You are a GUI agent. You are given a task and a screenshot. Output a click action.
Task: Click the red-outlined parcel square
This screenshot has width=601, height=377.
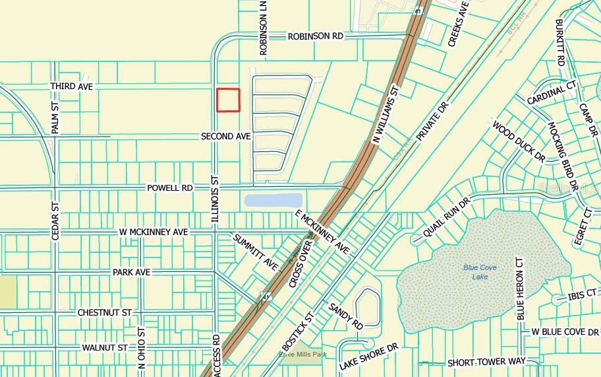229,100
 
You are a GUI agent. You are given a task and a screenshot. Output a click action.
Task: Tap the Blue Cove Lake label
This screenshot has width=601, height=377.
479,271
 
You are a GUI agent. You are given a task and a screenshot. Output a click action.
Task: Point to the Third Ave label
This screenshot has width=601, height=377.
72,87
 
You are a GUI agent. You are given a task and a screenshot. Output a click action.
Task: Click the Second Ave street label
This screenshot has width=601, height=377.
226,136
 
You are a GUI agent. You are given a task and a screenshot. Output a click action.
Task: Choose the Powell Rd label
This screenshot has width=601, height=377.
170,188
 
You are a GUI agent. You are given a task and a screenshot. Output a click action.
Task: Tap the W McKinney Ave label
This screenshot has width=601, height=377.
155,232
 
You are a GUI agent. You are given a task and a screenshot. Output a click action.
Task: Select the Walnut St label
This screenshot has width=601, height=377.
104,347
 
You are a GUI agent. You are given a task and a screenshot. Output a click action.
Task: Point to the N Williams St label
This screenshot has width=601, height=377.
386,114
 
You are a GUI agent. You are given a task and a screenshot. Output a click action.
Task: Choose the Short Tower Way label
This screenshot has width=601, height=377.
486,362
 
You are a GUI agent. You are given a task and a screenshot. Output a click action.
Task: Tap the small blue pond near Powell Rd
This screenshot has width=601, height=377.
273,199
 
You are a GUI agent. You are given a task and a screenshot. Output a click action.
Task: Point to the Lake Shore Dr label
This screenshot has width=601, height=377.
370,357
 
